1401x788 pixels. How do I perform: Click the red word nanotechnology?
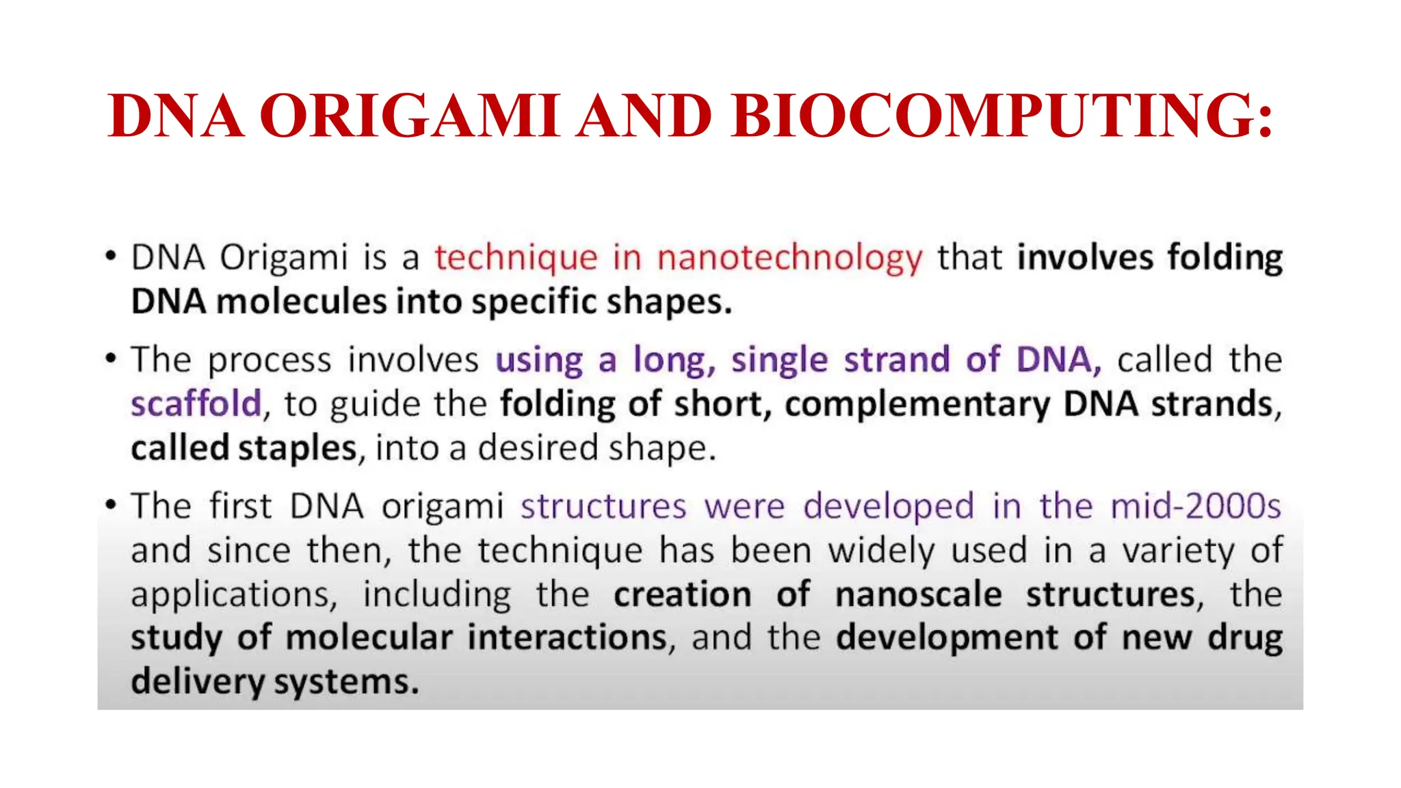[x=789, y=259]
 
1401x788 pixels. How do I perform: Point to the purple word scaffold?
[x=196, y=404]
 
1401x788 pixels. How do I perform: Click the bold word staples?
[x=298, y=448]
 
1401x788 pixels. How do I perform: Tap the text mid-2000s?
[x=1195, y=506]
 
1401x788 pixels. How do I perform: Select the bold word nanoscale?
[x=918, y=594]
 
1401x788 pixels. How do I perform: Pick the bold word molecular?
[x=369, y=638]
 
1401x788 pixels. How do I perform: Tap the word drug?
[x=1244, y=638]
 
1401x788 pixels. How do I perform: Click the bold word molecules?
[x=301, y=302]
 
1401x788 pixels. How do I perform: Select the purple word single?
[x=779, y=360]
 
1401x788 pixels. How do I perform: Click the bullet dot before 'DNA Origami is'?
[x=110, y=257]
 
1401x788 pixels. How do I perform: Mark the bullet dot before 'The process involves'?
[x=110, y=358]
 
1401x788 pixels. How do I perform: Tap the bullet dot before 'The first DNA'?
[x=110, y=505]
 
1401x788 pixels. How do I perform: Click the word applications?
[x=234, y=594]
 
